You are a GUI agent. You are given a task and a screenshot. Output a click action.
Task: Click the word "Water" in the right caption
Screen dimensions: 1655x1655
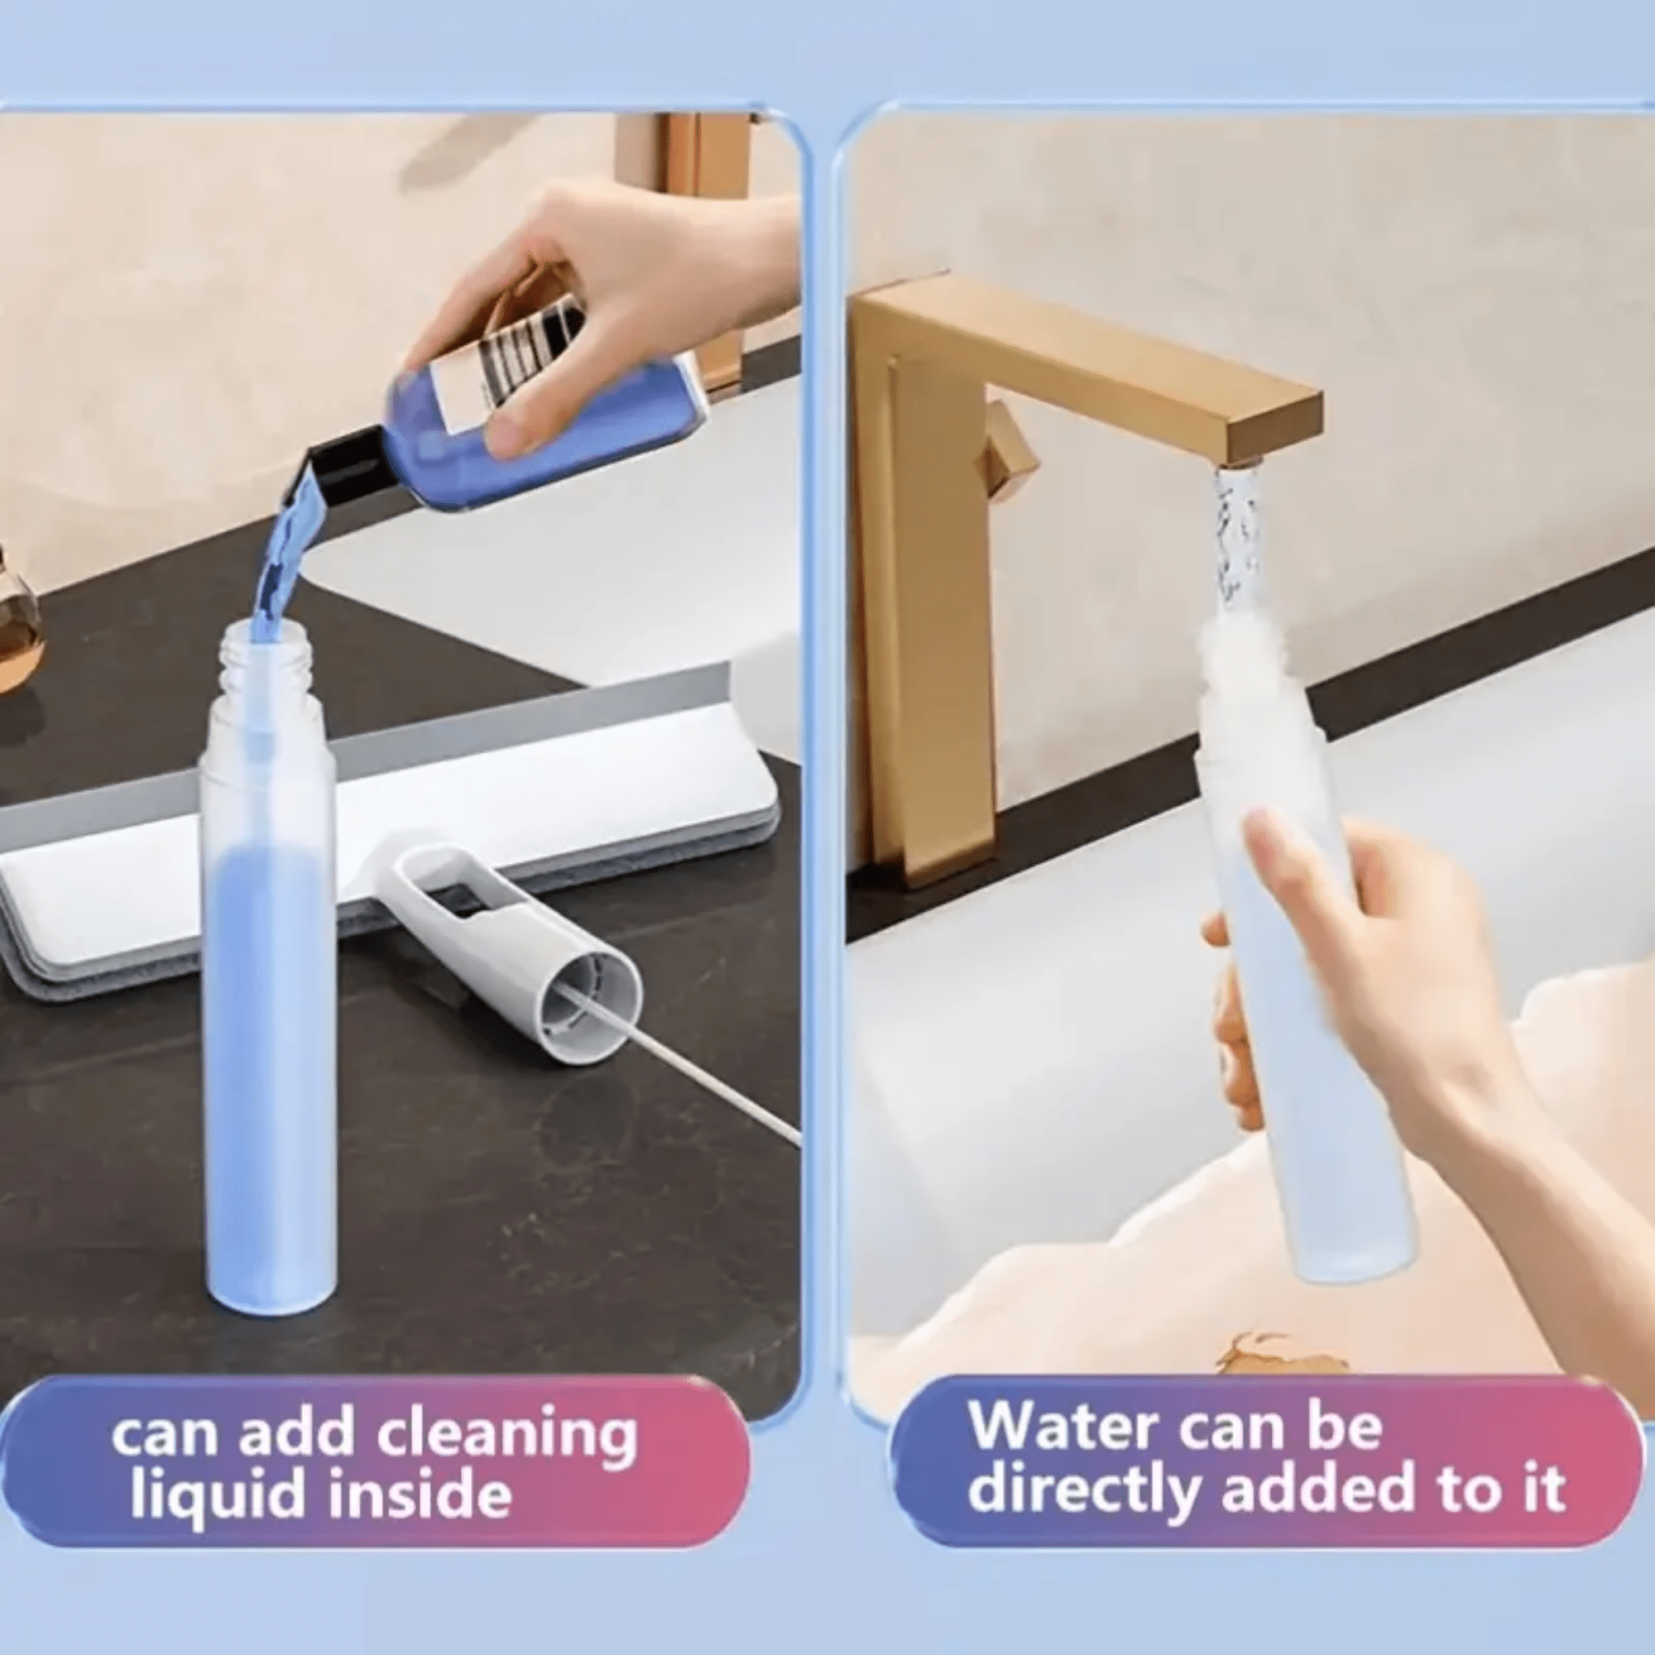point(1071,1451)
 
